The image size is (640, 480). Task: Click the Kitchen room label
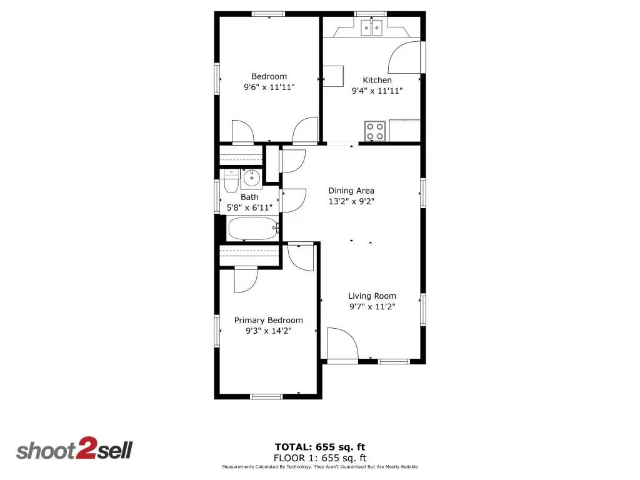point(377,80)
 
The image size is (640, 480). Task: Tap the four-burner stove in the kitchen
point(375,131)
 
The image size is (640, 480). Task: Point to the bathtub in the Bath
point(252,229)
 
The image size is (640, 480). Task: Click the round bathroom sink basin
point(251,179)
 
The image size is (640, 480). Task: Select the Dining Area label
point(351,191)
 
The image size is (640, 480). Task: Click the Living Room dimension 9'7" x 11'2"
point(372,306)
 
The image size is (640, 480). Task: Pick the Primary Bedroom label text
point(268,320)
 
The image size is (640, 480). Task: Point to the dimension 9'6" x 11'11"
point(269,87)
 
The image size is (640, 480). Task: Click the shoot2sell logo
point(74,450)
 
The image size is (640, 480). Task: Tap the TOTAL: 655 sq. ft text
point(320,446)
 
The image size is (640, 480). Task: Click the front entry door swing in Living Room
point(341,344)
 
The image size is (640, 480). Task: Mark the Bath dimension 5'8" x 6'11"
point(249,207)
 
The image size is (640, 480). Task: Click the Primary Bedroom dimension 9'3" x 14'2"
point(269,331)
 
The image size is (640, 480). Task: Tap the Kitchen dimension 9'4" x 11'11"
point(377,91)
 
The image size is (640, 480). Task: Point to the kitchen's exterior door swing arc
point(404,57)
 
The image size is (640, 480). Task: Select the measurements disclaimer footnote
point(320,467)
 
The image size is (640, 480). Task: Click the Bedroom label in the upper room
point(269,77)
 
